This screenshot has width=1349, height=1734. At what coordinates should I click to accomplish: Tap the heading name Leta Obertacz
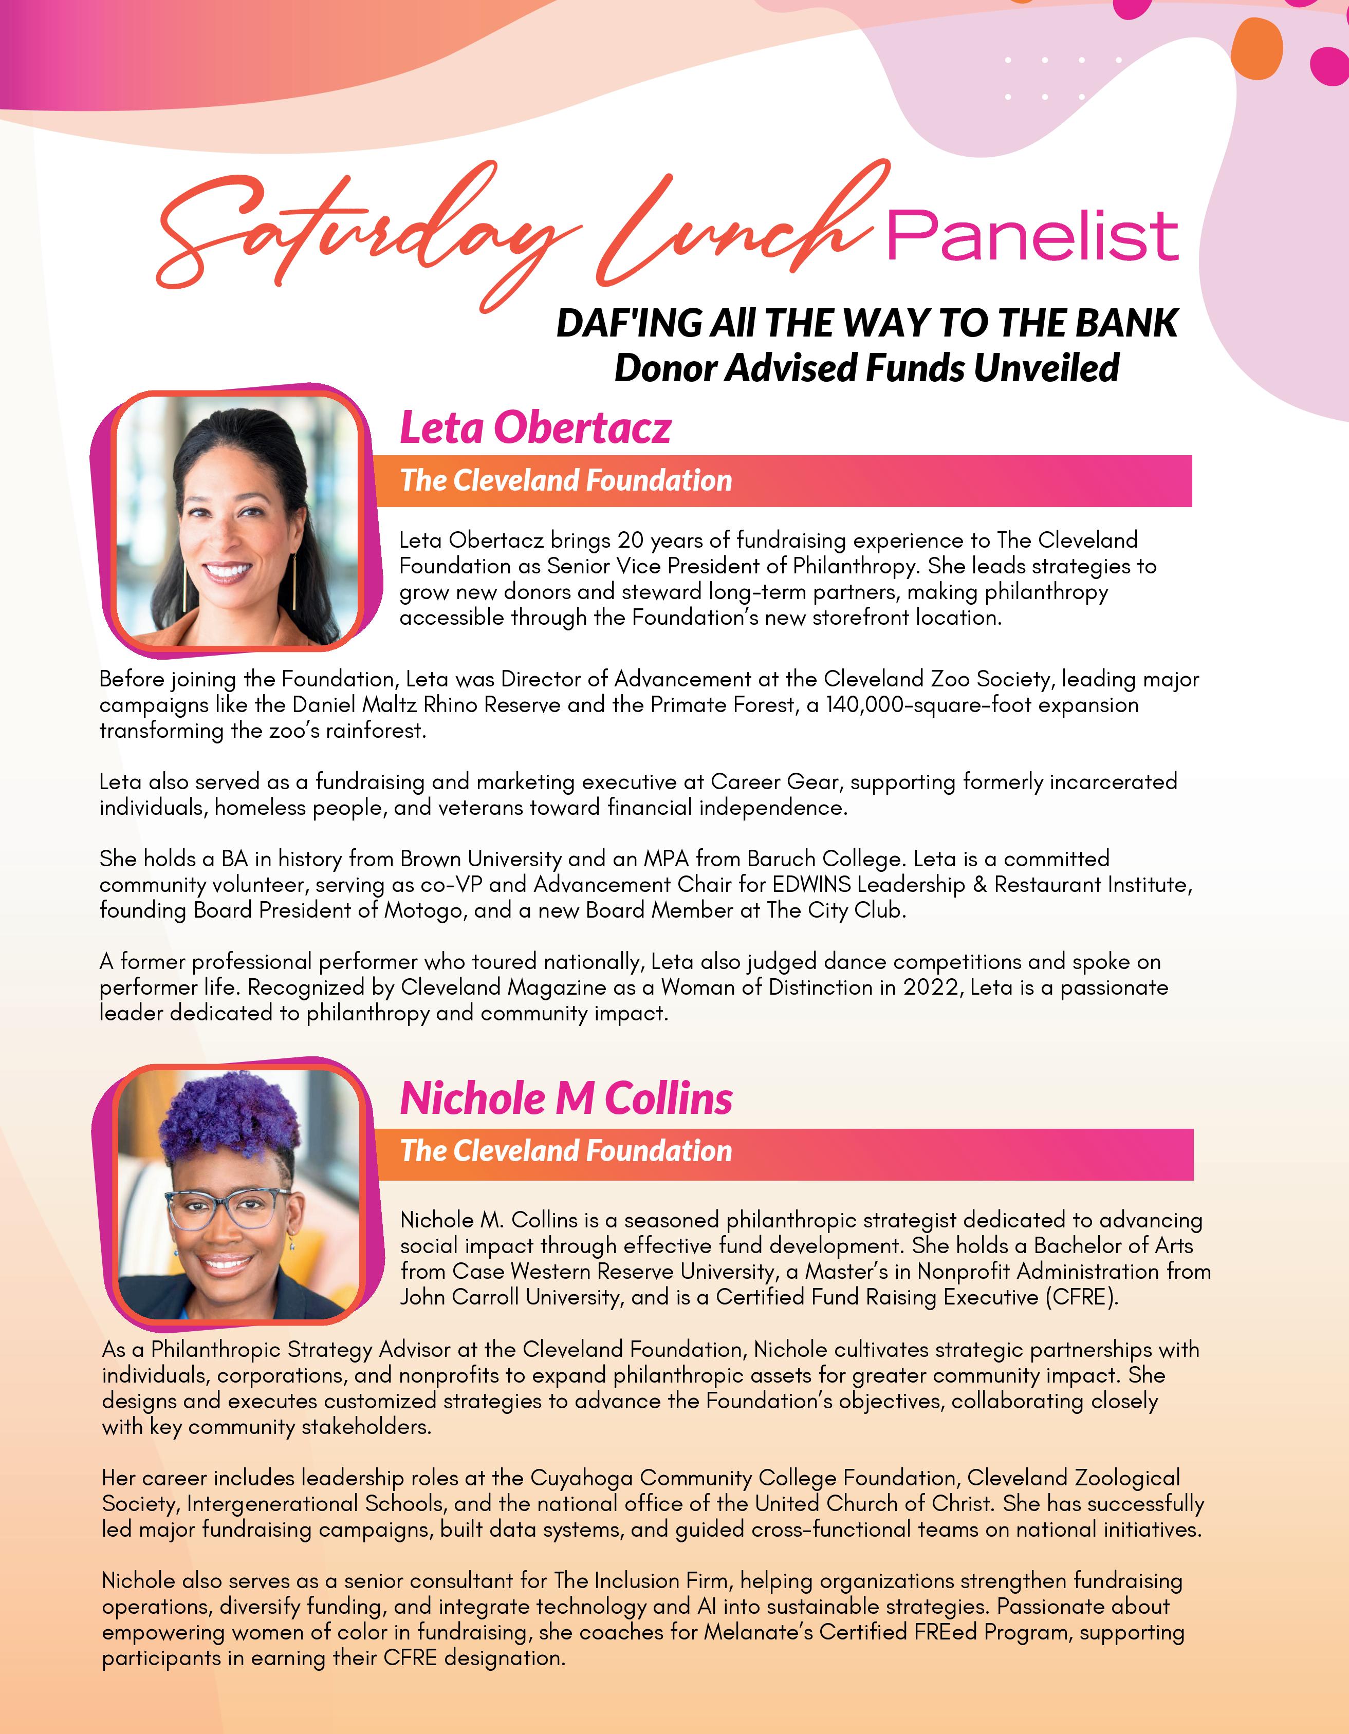(x=535, y=428)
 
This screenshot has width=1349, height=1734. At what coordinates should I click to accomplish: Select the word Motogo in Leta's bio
(x=422, y=910)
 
